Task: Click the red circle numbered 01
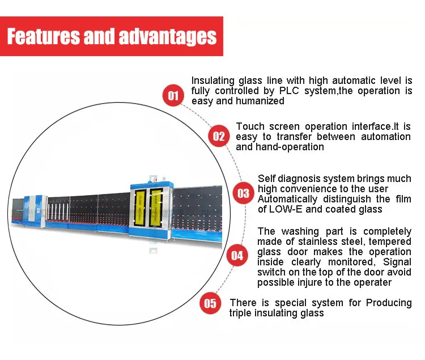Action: pos(173,95)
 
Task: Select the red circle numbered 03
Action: pos(243,193)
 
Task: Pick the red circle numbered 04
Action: pos(237,256)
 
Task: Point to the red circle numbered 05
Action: pos(210,303)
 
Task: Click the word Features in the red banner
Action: pos(44,37)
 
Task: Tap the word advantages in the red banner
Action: pos(168,37)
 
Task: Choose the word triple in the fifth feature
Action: pos(242,313)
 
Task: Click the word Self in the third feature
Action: pos(267,179)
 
